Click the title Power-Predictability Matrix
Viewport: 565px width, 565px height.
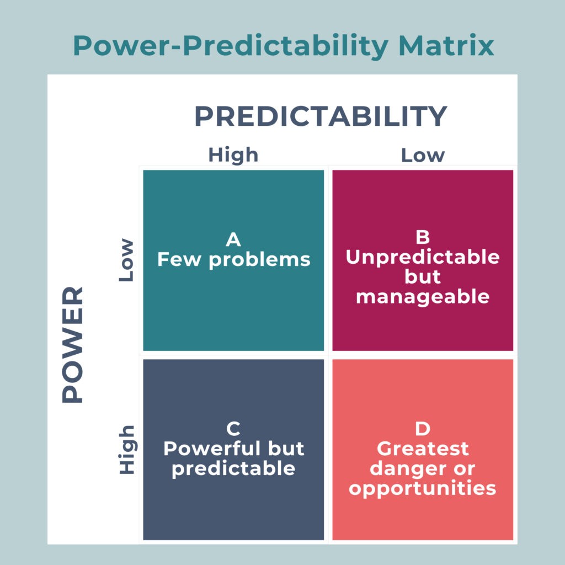pyautogui.click(x=282, y=46)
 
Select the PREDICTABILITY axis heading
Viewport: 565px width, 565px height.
pyautogui.click(x=321, y=116)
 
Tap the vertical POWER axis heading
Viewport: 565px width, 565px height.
pyautogui.click(x=73, y=344)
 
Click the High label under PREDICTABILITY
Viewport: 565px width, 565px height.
pyautogui.click(x=233, y=155)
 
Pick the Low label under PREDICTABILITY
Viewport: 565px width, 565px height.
pyautogui.click(x=423, y=155)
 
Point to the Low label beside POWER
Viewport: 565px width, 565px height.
pyautogui.click(x=126, y=260)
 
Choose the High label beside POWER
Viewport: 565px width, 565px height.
pyautogui.click(x=126, y=449)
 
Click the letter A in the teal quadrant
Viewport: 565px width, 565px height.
pyautogui.click(x=233, y=239)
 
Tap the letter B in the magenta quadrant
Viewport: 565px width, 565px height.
pyautogui.click(x=423, y=237)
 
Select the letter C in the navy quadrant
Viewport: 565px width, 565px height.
pyautogui.click(x=233, y=429)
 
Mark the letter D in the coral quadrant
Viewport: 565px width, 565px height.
pyautogui.click(x=423, y=429)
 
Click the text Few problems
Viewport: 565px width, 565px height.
pyautogui.click(x=233, y=259)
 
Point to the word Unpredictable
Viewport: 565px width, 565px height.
pyautogui.click(x=423, y=257)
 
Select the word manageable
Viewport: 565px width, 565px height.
pyautogui.click(x=423, y=297)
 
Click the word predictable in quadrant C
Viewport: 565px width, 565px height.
pyautogui.click(x=233, y=468)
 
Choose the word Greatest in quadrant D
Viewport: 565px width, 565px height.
pyautogui.click(x=423, y=449)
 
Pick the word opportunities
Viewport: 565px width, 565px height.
pyautogui.click(x=423, y=488)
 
